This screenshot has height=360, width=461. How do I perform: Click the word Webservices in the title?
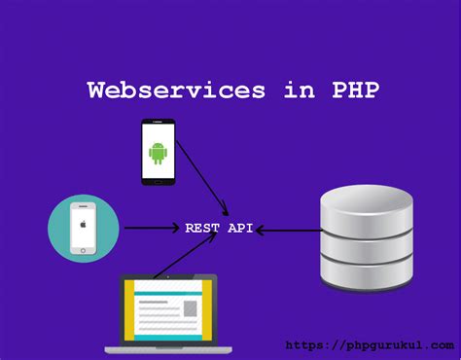[x=176, y=90]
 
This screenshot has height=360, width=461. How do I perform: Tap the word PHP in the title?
[x=356, y=90]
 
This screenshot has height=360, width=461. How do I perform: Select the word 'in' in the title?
[x=300, y=90]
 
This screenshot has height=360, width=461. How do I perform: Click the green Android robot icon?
[x=158, y=153]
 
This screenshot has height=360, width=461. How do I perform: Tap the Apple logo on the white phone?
[x=84, y=224]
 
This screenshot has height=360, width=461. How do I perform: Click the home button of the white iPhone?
[x=83, y=251]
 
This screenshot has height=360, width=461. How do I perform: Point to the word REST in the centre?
[x=202, y=228]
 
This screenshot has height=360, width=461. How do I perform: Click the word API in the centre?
[x=240, y=228]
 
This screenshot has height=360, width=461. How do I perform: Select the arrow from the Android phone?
[x=202, y=178]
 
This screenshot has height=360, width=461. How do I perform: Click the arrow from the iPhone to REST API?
[x=152, y=228]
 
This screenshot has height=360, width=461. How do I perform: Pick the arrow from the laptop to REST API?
[x=185, y=255]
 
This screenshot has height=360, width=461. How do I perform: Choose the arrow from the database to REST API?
[x=289, y=231]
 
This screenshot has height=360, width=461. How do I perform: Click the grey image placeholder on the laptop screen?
[x=191, y=308]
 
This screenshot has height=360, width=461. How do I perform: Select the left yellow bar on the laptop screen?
[x=129, y=310]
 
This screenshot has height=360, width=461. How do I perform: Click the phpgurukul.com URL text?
[x=370, y=345]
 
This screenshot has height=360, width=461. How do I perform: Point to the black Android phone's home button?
[x=159, y=182]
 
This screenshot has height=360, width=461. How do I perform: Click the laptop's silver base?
[x=168, y=350]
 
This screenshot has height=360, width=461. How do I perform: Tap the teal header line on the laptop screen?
[x=168, y=294]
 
